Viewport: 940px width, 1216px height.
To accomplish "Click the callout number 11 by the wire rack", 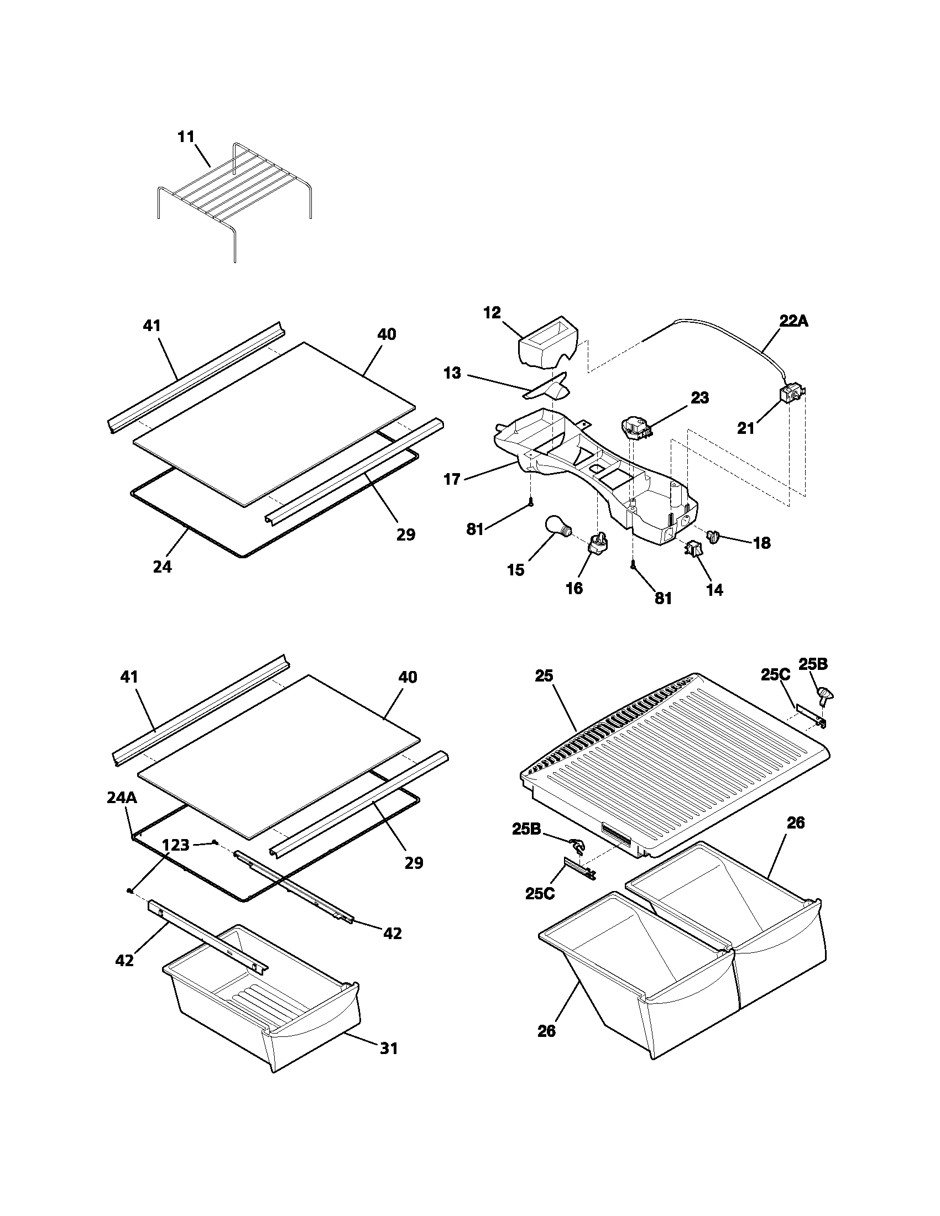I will click(186, 137).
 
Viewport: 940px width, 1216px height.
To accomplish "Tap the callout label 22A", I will click(793, 321).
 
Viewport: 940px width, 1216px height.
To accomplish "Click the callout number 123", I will click(175, 845).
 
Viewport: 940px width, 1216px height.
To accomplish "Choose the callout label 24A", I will click(122, 798).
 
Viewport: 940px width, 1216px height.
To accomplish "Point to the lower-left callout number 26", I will click(546, 1031).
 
